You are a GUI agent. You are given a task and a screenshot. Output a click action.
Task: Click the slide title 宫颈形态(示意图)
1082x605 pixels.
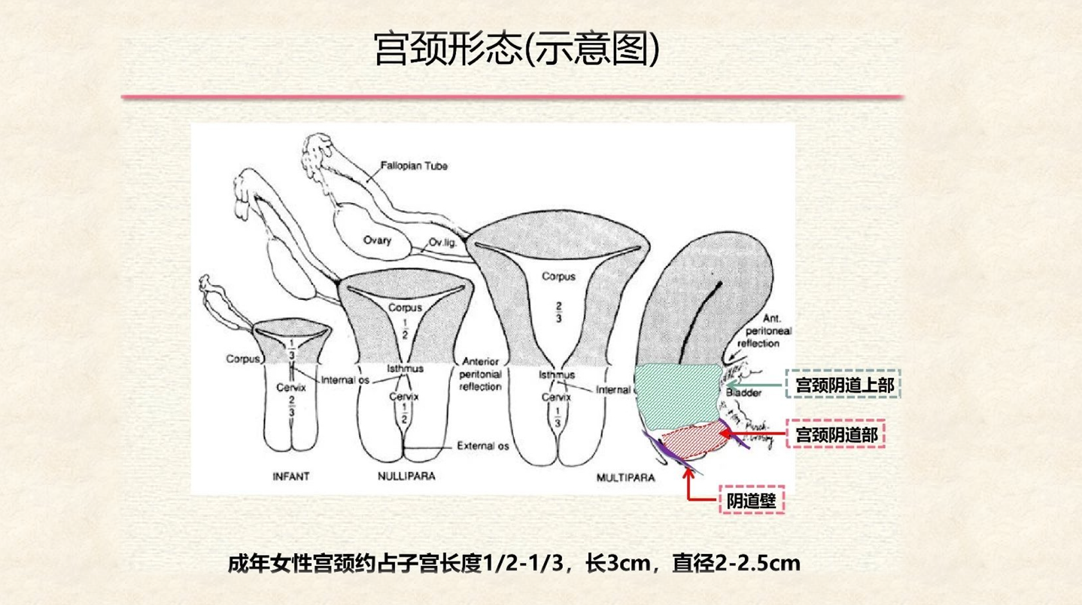tap(516, 48)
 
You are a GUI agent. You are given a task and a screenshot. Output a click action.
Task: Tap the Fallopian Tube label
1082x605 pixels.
tap(414, 165)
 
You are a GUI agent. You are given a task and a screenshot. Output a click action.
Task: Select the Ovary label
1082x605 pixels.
tap(378, 240)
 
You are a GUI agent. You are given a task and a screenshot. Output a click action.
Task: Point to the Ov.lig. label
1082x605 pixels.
tap(443, 242)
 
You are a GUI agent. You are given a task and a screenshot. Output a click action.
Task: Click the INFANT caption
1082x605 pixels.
tap(291, 476)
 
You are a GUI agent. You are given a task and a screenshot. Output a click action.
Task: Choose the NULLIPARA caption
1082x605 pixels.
tap(406, 476)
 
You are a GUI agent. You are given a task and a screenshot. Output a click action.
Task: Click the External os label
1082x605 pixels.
tap(483, 446)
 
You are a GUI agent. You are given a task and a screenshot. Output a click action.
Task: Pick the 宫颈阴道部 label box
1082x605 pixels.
tap(835, 434)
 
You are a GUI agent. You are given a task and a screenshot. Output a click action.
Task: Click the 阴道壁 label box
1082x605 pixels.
tap(751, 499)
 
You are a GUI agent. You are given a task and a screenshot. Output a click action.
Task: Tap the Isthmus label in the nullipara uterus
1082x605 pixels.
tap(405, 368)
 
